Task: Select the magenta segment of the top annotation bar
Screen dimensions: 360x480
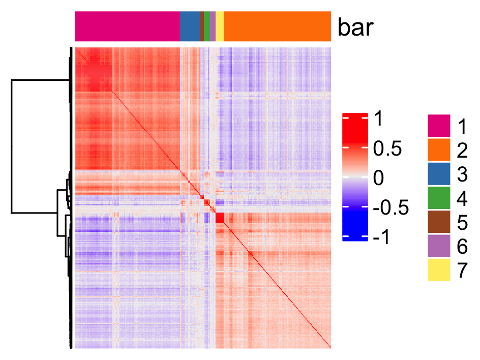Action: (x=127, y=26)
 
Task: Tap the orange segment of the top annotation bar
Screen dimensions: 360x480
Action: (x=278, y=26)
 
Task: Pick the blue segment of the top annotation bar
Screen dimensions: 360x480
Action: (x=190, y=26)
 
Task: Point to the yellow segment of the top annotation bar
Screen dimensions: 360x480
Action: (x=220, y=26)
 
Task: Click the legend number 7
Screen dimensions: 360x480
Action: (x=462, y=271)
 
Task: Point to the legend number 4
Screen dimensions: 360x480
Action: (x=462, y=198)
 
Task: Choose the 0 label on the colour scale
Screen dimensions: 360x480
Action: (x=379, y=178)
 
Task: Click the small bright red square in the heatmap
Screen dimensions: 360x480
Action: (x=220, y=218)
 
